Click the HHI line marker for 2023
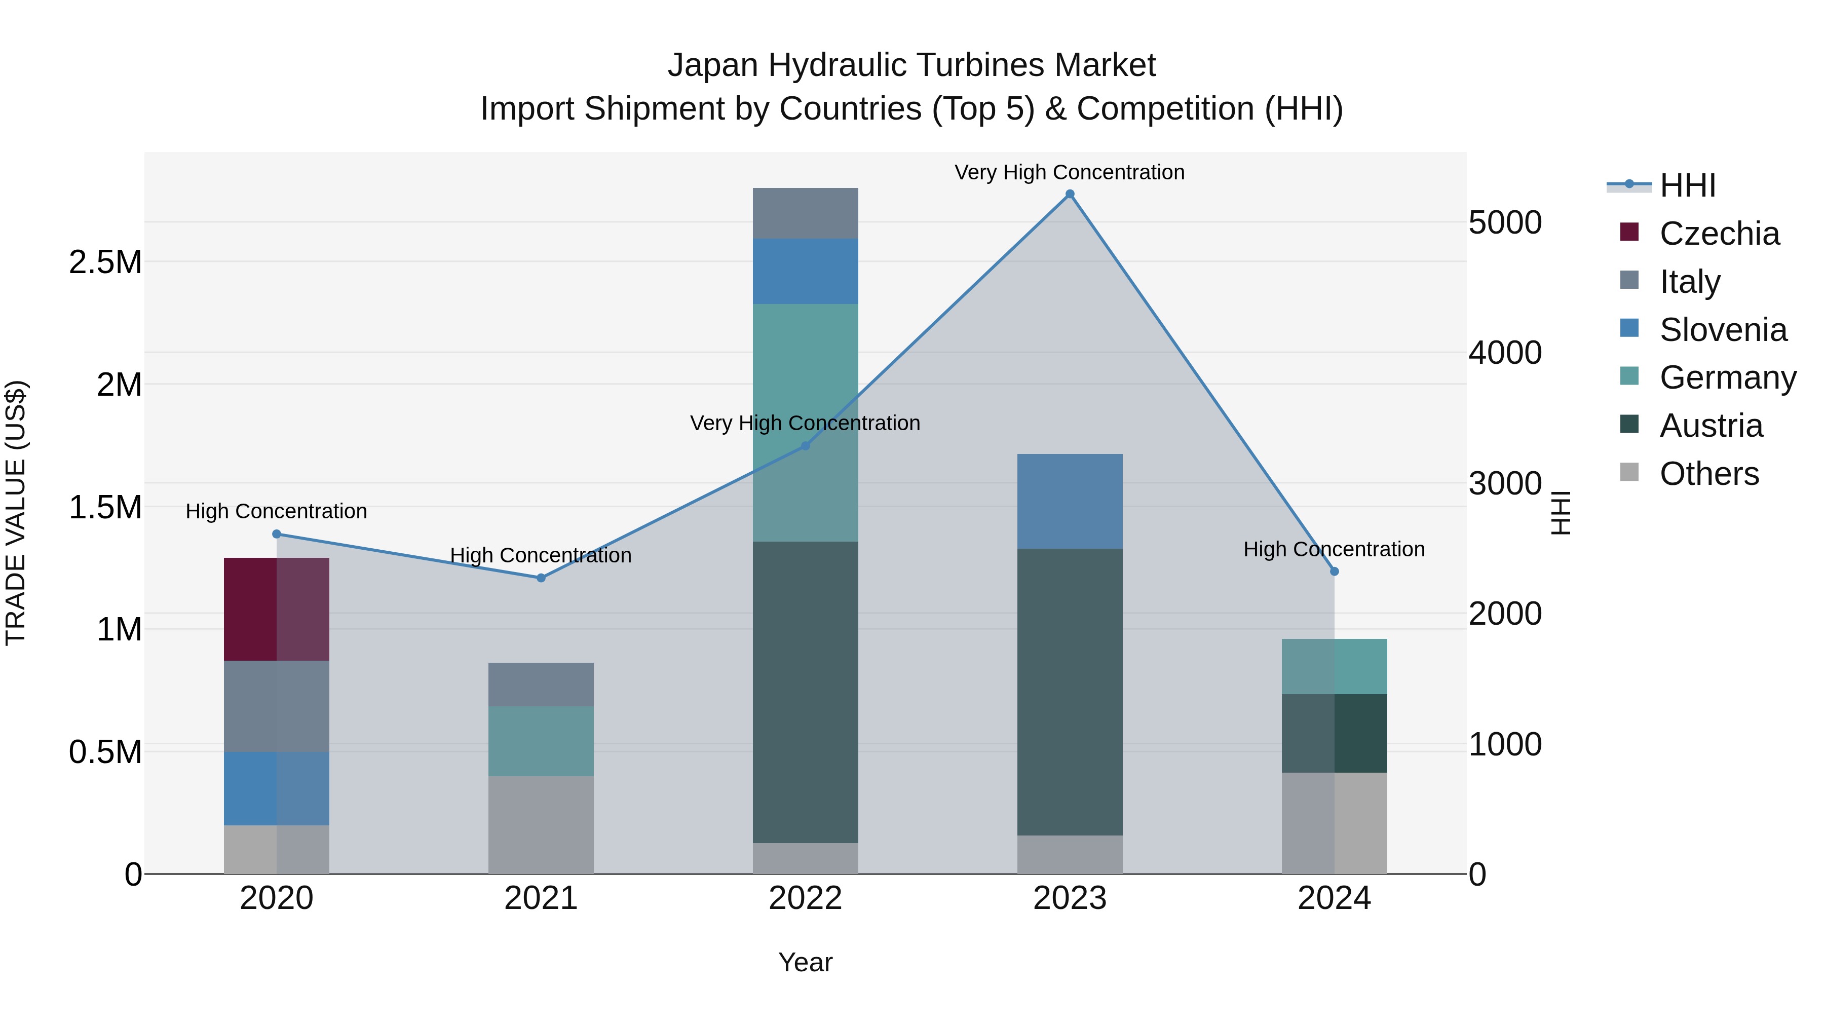(x=1069, y=194)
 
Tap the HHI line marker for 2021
(x=541, y=578)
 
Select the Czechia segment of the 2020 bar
(x=276, y=609)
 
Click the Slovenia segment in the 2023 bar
(x=1069, y=501)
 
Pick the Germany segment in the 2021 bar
(x=541, y=741)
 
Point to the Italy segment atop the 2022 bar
(x=805, y=213)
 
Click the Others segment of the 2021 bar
(x=541, y=825)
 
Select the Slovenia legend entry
(x=1723, y=330)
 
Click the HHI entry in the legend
(x=1687, y=185)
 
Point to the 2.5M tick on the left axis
(x=105, y=262)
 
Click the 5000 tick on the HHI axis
(x=1505, y=222)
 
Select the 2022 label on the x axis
(x=805, y=898)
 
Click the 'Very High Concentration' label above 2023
(x=1069, y=172)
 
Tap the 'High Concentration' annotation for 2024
(x=1334, y=549)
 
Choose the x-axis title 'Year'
(x=805, y=962)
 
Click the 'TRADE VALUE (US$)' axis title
(x=16, y=513)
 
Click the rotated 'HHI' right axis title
(x=1561, y=513)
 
